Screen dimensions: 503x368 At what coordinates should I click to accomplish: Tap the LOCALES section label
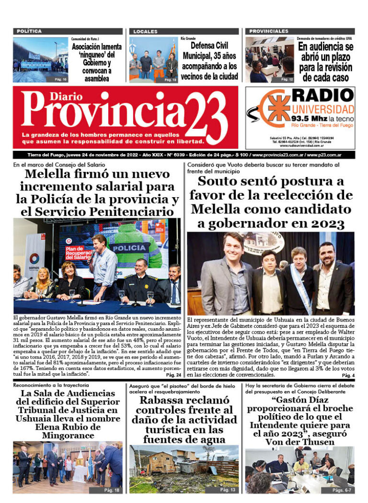(x=145, y=31)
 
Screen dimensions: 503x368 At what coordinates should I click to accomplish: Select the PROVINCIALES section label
(x=268, y=31)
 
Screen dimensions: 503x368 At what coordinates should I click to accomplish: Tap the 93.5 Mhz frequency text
(x=307, y=118)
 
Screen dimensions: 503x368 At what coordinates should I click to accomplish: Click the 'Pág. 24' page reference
(x=173, y=375)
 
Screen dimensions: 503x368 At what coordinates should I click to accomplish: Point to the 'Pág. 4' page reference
(x=348, y=375)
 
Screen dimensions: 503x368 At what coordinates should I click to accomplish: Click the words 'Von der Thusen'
(x=299, y=442)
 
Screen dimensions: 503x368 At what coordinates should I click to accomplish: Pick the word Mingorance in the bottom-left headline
(x=68, y=435)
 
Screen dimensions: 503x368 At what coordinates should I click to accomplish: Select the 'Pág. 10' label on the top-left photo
(x=61, y=78)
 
